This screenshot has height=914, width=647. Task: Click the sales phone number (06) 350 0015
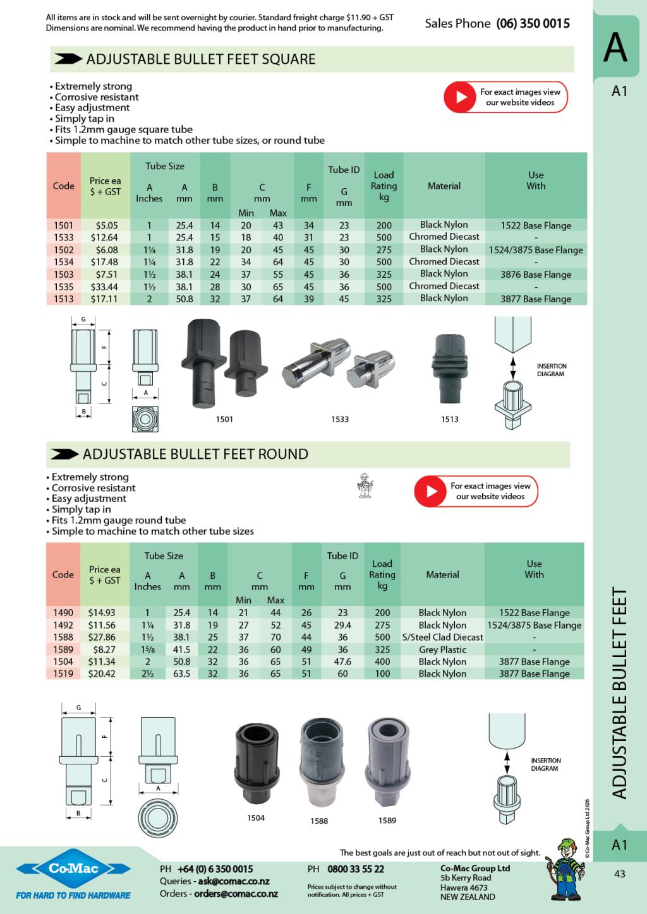click(533, 23)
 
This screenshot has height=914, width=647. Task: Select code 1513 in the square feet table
click(63, 299)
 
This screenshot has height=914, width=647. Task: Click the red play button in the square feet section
click(459, 97)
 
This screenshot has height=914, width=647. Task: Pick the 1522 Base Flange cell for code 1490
click(534, 613)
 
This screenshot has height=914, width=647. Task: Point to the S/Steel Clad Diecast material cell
click(442, 638)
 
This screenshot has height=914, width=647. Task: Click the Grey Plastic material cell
click(442, 650)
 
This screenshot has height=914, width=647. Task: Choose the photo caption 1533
click(340, 419)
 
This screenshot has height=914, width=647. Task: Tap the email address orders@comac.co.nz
click(236, 894)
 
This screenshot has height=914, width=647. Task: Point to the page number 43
click(619, 874)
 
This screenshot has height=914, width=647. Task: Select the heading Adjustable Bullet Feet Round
click(195, 454)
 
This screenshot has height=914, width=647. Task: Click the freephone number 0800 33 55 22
click(356, 869)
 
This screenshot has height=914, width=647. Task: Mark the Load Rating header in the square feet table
click(384, 186)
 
